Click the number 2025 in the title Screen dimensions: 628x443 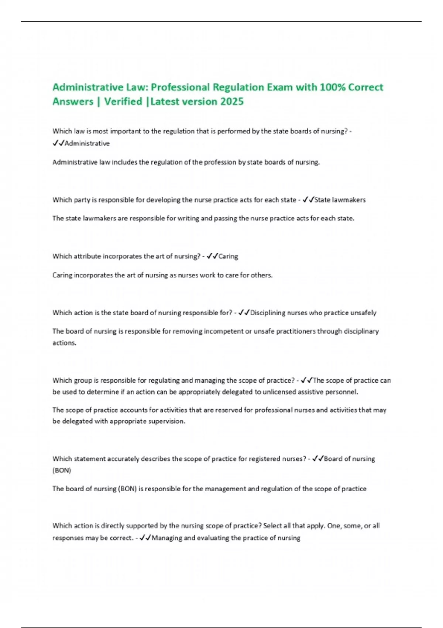point(232,102)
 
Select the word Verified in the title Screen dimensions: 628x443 point(123,102)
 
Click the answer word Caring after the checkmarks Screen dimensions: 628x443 point(228,256)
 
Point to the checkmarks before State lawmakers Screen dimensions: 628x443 point(308,200)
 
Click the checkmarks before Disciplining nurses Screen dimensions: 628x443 point(244,313)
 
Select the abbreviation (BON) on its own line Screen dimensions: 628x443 point(62,471)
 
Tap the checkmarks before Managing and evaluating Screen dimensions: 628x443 point(145,538)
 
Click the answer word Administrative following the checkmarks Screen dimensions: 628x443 point(87,143)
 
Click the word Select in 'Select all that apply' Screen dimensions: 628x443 point(273,526)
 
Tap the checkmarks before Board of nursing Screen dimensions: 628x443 point(317,459)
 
